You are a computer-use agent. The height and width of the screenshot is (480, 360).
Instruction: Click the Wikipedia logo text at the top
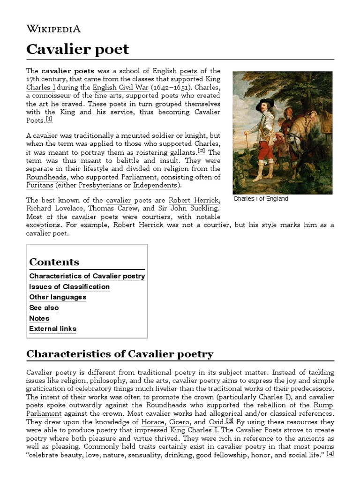click(x=53, y=29)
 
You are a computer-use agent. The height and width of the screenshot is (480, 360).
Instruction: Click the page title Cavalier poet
click(x=77, y=49)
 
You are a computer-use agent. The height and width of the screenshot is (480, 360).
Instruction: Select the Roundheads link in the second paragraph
click(x=46, y=177)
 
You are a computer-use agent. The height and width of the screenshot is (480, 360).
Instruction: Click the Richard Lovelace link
click(x=55, y=209)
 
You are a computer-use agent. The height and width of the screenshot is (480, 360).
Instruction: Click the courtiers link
click(x=156, y=217)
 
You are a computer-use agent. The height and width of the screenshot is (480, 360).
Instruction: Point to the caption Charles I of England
click(x=260, y=199)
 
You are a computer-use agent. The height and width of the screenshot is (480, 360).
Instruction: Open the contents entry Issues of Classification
click(x=69, y=286)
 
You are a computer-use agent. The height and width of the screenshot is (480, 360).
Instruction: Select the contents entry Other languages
click(x=58, y=297)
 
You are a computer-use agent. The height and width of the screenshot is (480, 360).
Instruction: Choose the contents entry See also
click(x=44, y=307)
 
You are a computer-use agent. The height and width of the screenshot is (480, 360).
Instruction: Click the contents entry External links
click(x=52, y=329)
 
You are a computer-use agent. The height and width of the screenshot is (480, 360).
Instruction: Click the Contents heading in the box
click(x=54, y=262)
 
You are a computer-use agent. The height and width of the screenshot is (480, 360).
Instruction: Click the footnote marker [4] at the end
click(x=330, y=454)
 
